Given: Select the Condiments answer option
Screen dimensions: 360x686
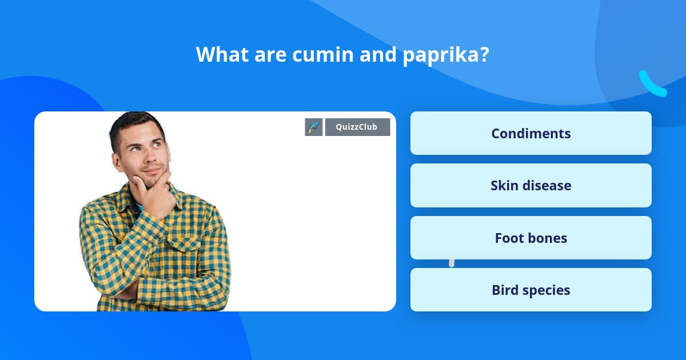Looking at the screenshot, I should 531,133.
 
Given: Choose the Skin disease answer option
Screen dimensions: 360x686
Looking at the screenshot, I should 531,186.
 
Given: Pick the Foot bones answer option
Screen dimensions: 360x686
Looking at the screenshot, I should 531,238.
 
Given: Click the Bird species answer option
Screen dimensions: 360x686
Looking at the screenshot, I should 531,290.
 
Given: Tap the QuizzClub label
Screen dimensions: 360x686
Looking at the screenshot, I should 357,127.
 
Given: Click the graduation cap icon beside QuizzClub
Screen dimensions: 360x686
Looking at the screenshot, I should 314,127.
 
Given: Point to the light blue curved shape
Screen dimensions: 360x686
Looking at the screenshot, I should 652,84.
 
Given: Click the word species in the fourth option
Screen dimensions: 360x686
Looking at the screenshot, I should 548,290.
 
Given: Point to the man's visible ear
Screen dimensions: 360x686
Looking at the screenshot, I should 118,161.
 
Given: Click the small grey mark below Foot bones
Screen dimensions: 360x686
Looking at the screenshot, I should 452,263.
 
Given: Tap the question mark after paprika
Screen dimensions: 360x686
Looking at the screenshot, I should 484,55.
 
